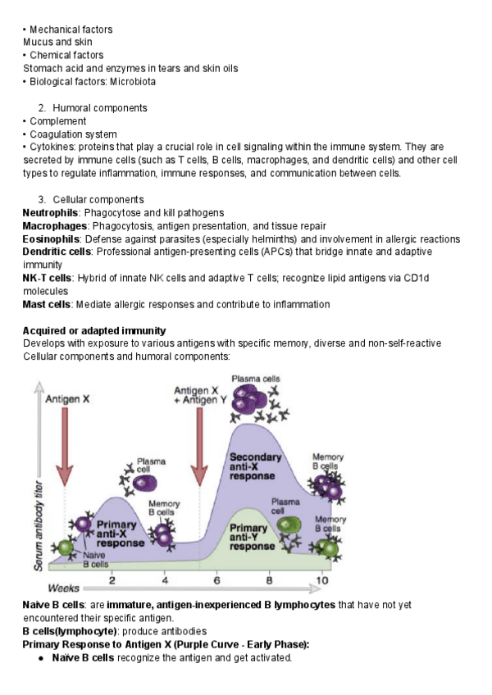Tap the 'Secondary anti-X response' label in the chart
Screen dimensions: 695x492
tap(255, 466)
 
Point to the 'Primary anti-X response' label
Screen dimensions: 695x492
tap(122, 530)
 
